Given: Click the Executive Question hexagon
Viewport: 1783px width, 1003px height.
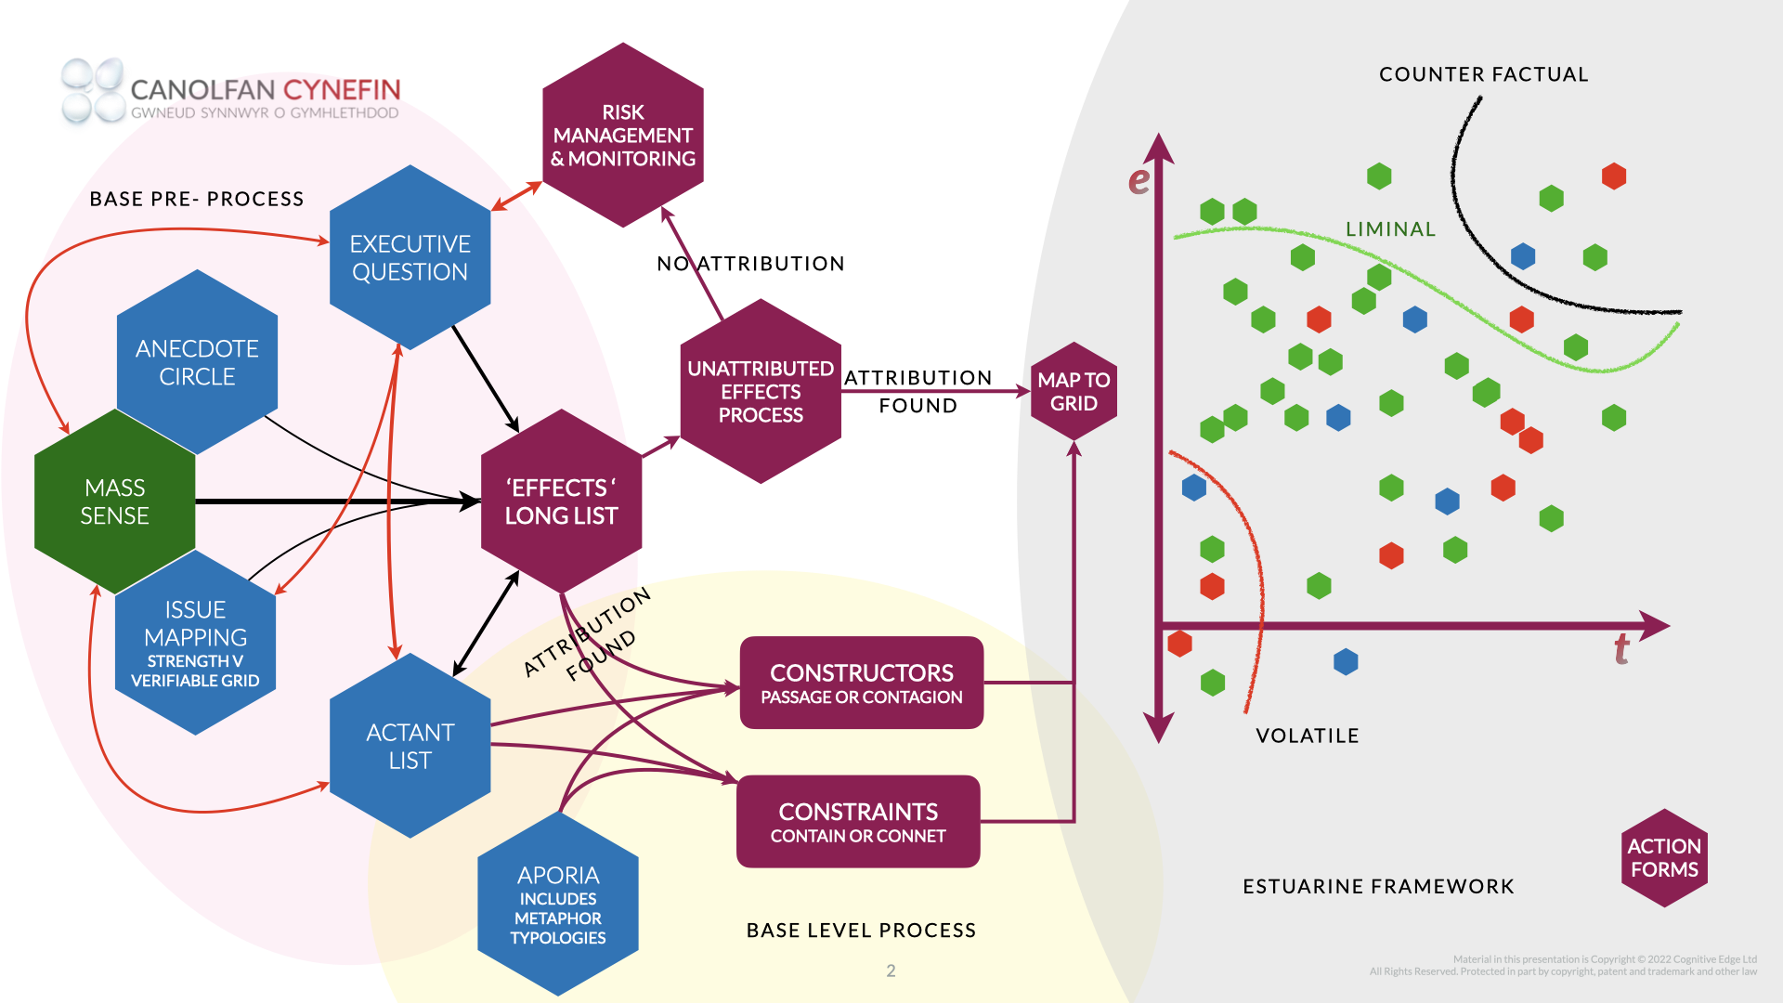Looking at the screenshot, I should [410, 257].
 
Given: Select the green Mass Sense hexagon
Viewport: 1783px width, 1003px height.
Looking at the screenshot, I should [114, 501].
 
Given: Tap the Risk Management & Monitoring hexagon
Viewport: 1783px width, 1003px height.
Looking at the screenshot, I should [622, 135].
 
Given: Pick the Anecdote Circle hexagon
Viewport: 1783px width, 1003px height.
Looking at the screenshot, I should [197, 362].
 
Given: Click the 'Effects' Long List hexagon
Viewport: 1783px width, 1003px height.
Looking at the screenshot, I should [561, 501].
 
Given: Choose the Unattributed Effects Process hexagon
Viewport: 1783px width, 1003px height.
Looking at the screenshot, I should [761, 391].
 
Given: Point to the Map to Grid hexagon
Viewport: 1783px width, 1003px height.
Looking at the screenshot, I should [1074, 391].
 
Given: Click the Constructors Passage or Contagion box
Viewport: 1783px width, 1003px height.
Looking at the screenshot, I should [861, 683].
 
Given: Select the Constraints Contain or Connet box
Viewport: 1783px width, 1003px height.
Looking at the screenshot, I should [858, 822].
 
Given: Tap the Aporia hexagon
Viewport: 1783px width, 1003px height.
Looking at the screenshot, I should [558, 905].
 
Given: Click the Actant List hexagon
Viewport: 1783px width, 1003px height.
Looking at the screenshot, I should [410, 746].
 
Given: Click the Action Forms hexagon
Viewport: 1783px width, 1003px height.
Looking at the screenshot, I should [1664, 857].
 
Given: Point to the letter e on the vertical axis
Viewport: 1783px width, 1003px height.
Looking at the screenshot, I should [1139, 179].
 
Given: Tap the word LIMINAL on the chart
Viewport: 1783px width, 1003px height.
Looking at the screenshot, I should [1390, 229].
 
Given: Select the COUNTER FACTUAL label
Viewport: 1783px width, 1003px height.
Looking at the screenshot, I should [1483, 74].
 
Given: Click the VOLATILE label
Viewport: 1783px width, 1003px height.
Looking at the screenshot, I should [1307, 736].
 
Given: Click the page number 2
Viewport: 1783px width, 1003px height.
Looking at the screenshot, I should [891, 970].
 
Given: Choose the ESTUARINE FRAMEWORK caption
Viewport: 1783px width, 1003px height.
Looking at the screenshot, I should [1378, 886].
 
